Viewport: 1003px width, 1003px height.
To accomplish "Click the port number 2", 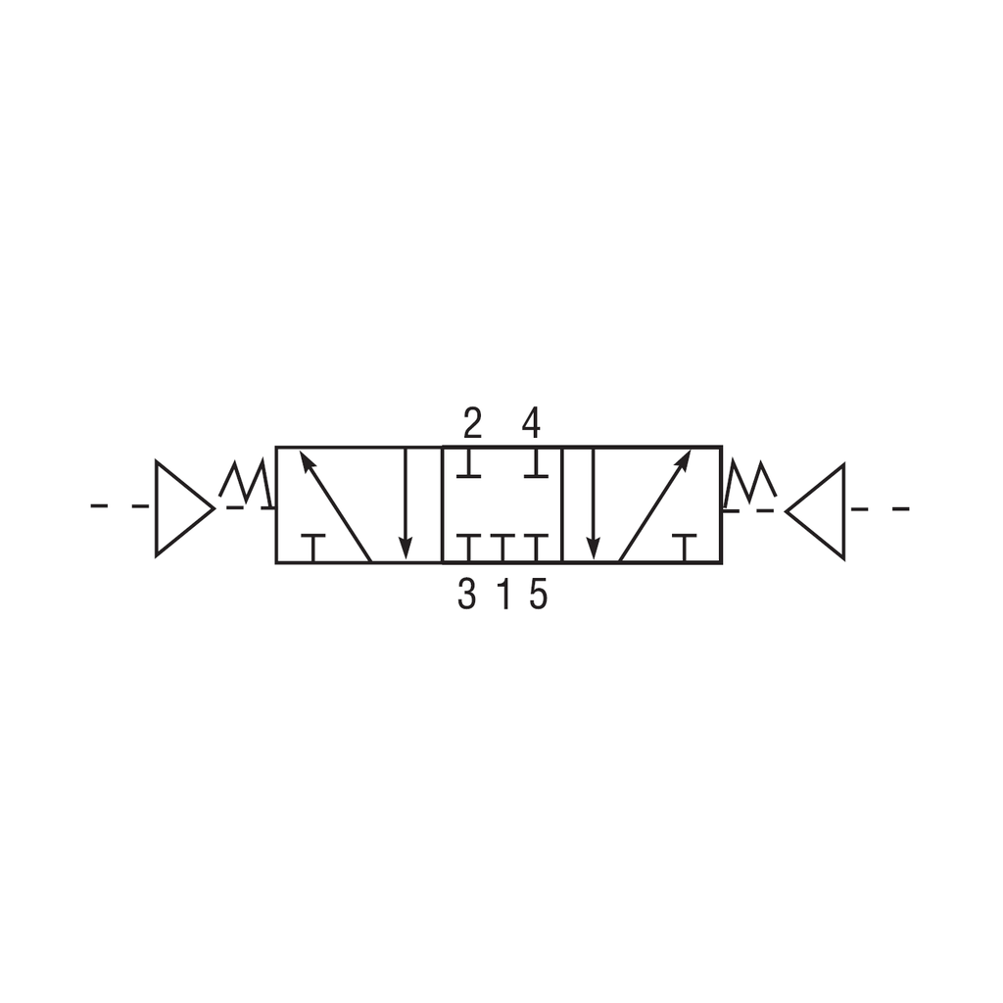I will pyautogui.click(x=472, y=424).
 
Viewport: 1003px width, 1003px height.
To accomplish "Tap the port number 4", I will pyautogui.click(x=531, y=424).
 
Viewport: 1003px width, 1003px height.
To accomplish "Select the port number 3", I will pyautogui.click(x=467, y=595).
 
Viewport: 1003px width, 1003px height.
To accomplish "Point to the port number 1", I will pyautogui.click(x=504, y=595).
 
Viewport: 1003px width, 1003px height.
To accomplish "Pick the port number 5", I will pyautogui.click(x=538, y=595).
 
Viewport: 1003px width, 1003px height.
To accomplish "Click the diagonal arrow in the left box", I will pyautogui.click(x=335, y=506).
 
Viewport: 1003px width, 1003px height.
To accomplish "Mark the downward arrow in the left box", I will pyautogui.click(x=406, y=505).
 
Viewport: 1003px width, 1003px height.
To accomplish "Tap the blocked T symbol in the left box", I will pyautogui.click(x=312, y=548).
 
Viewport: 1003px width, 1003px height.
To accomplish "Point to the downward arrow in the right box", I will pyautogui.click(x=593, y=505).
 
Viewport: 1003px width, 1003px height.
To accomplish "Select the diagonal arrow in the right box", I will pyautogui.click(x=655, y=506).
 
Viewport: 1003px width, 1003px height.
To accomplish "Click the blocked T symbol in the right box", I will pyautogui.click(x=684, y=548).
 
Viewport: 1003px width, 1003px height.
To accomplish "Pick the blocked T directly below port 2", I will pyautogui.click(x=469, y=463).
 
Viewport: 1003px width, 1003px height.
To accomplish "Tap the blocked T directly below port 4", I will pyautogui.click(x=535, y=463).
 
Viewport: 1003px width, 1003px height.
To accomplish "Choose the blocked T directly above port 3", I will pyautogui.click(x=469, y=548).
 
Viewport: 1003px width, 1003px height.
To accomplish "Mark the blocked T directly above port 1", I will pyautogui.click(x=502, y=548).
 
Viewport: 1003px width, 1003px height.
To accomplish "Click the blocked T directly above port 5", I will pyautogui.click(x=535, y=548).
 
